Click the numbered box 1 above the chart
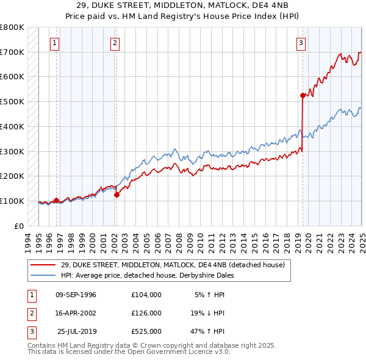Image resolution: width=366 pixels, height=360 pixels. click(55, 43)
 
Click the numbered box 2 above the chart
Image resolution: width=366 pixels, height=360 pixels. click(115, 43)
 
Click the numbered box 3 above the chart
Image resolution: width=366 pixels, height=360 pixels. click(301, 43)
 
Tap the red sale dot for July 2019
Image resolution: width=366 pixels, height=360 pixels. click(303, 95)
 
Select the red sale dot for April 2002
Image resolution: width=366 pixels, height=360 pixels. click(117, 195)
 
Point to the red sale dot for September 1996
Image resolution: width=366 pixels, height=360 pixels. click(56, 200)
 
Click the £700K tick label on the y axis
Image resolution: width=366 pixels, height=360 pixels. click(13, 52)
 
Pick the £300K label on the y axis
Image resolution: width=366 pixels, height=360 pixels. click(13, 151)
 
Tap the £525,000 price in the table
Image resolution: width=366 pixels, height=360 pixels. click(146, 331)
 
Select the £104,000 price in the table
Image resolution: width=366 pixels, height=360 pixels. click(146, 295)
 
